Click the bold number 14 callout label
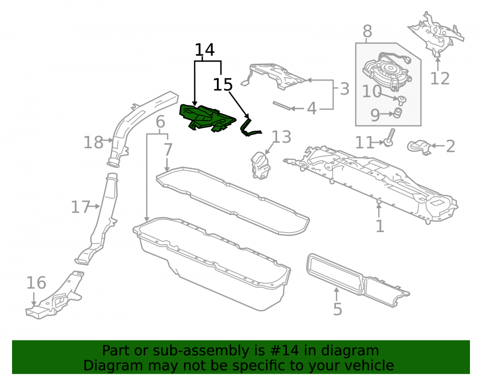[x=205, y=50]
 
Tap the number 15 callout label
[x=223, y=84]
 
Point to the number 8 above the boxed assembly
[x=367, y=31]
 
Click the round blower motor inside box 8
[x=387, y=72]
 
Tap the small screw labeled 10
[x=401, y=100]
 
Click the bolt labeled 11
[x=389, y=138]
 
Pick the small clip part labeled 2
[x=418, y=147]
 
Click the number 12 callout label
[x=440, y=79]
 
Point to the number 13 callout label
[x=281, y=137]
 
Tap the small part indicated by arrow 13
[x=261, y=166]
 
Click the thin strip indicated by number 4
[x=282, y=106]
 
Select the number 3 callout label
[x=345, y=89]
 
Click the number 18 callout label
[x=94, y=143]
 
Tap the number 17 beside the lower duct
[x=80, y=207]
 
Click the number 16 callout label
[x=36, y=283]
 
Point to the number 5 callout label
[x=337, y=309]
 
